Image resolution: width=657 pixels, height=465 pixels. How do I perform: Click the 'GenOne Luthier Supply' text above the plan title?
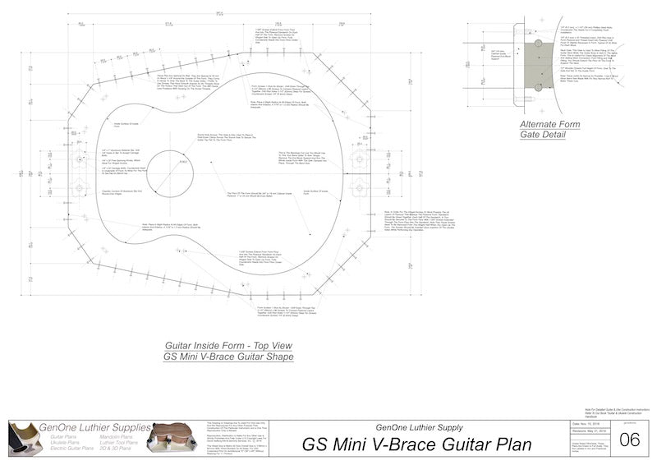416,426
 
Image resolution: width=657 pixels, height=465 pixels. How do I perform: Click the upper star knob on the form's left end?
79,158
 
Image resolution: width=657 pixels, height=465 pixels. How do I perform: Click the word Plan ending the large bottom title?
508,444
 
